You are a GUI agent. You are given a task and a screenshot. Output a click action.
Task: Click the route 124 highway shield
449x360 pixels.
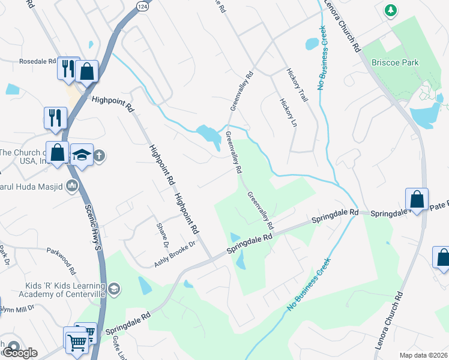click(x=142, y=5)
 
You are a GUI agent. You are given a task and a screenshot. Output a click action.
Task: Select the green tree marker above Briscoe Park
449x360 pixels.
click(x=391, y=11)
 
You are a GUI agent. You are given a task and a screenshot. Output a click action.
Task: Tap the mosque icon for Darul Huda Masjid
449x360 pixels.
click(x=72, y=185)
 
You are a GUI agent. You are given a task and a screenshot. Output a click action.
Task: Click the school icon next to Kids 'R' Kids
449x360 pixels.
click(x=115, y=290)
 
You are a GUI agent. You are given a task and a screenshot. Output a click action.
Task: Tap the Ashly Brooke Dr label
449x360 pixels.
click(x=175, y=254)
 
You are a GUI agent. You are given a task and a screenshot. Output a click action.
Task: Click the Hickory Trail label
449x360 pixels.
click(x=300, y=87)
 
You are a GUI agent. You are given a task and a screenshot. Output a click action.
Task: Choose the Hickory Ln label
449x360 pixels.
click(x=288, y=112)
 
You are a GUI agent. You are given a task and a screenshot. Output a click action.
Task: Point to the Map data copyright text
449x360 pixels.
click(x=423, y=355)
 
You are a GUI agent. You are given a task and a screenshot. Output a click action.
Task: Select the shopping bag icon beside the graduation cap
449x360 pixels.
click(x=58, y=152)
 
